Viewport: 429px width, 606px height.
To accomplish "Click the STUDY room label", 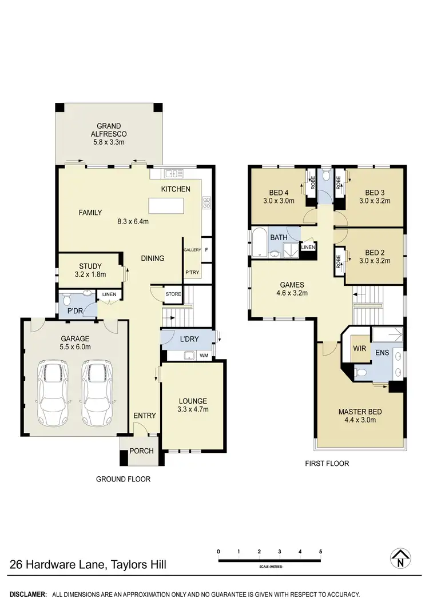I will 90,266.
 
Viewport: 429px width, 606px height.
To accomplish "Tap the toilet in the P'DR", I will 66,300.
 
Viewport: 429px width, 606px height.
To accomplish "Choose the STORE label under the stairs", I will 173,294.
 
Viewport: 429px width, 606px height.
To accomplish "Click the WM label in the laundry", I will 204,356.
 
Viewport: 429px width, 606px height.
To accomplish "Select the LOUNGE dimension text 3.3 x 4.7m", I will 193,409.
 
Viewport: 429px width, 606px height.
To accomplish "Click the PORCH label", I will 141,450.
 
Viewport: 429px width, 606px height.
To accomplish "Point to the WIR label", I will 359,348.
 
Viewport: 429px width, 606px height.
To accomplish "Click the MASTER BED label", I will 360,412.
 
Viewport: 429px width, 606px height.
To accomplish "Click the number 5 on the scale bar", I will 321,551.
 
